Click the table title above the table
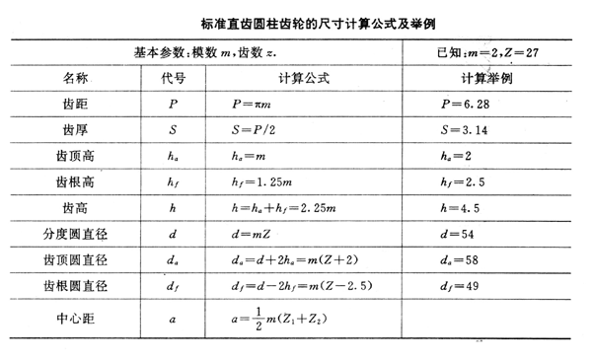tap(296, 17)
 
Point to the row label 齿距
tap(75, 103)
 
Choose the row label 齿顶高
tap(75, 156)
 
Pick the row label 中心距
tap(75, 320)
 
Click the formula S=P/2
tap(260, 129)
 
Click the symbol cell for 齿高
tap(174, 209)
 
